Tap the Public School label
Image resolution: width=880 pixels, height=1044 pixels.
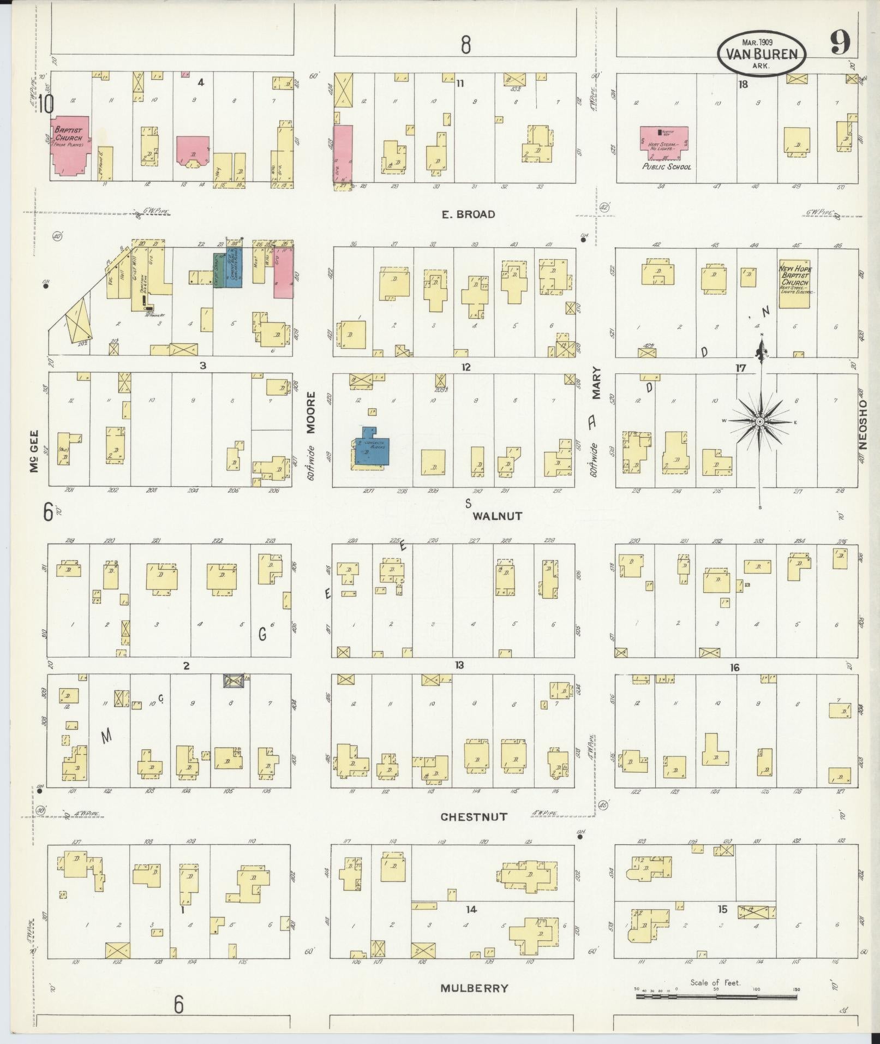[666, 166]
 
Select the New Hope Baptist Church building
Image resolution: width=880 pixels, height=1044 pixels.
[794, 283]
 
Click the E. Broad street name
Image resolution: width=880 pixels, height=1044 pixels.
[469, 214]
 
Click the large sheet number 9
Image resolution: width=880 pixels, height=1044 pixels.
[840, 44]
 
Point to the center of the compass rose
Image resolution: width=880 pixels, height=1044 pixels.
[760, 422]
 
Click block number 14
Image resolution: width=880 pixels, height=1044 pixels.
[471, 909]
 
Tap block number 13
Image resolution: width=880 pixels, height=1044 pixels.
[459, 665]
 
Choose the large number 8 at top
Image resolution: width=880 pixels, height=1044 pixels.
[465, 44]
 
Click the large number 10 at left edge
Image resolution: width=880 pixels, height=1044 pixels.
[46, 104]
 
